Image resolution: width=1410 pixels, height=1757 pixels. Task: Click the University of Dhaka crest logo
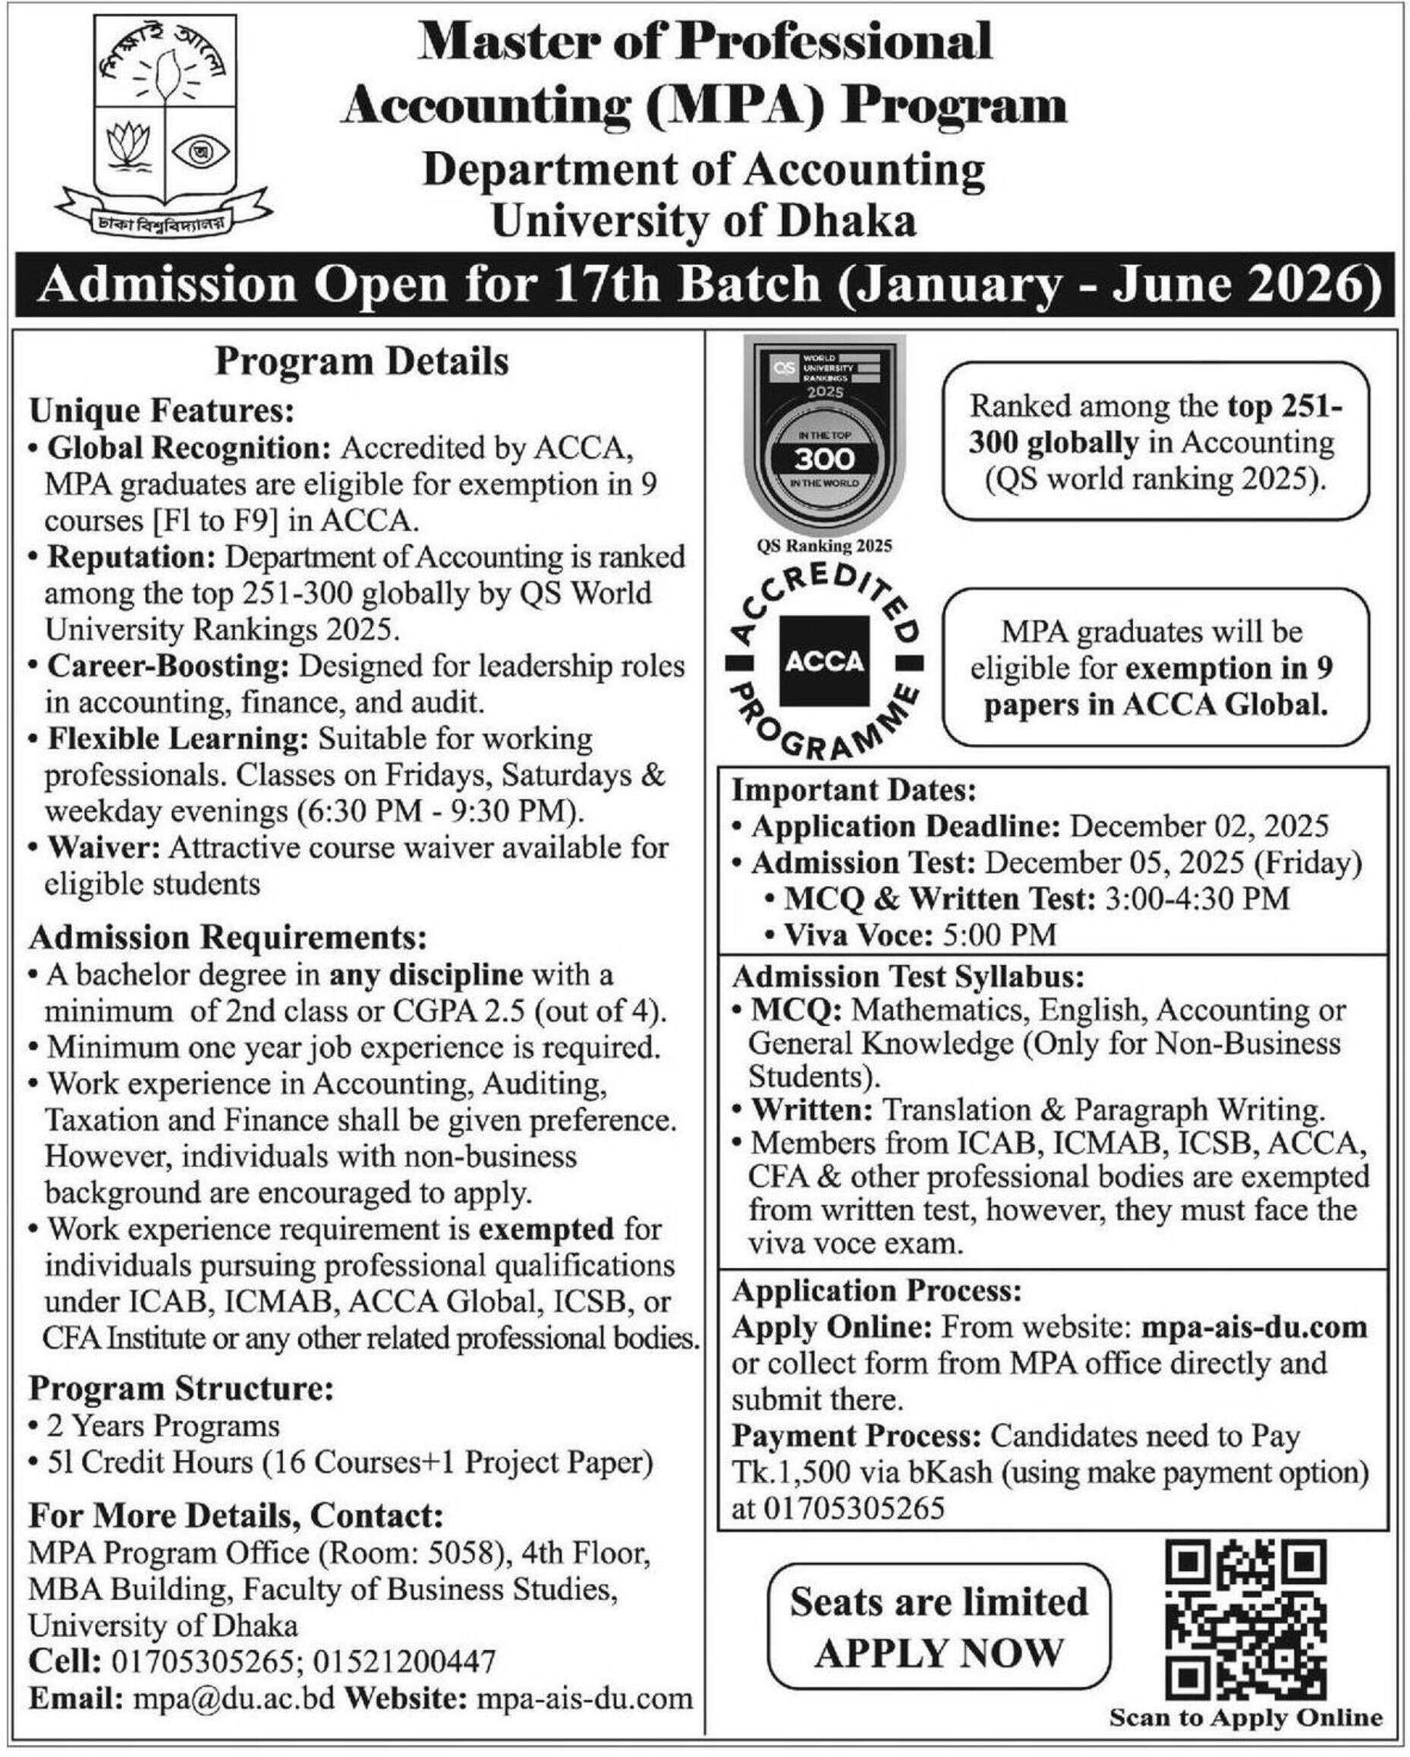[x=166, y=122]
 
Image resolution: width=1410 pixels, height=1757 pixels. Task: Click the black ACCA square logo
[x=824, y=661]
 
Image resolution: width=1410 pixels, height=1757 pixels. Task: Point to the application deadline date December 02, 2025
[x=1199, y=826]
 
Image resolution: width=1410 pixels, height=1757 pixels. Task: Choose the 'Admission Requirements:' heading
[x=228, y=938]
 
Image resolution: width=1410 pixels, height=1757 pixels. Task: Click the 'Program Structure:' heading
[x=181, y=1388]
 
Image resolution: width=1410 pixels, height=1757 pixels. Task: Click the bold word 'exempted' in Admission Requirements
[x=546, y=1228]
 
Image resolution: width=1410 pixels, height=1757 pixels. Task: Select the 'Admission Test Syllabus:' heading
[x=908, y=976]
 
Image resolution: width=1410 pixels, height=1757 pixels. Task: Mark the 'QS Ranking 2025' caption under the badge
[x=824, y=546]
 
